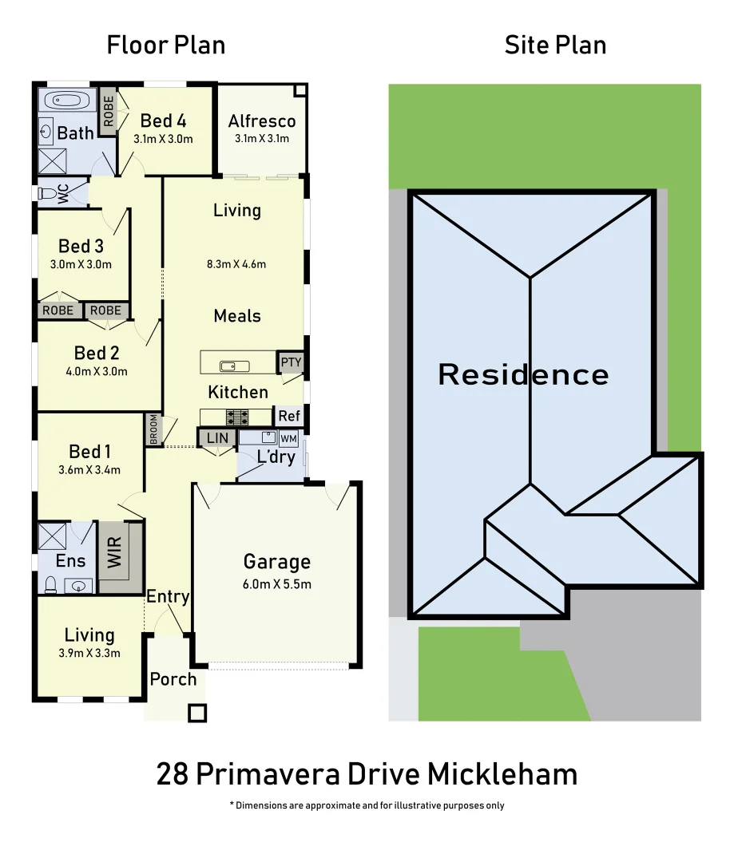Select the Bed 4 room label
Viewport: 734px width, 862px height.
pyautogui.click(x=163, y=121)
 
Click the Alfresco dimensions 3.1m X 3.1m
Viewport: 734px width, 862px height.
pyautogui.click(x=261, y=139)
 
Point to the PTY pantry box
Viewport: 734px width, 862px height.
pyautogui.click(x=292, y=362)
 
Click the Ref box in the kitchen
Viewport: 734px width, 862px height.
pyautogui.click(x=289, y=416)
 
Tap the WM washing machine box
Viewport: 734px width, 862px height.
pyautogui.click(x=288, y=438)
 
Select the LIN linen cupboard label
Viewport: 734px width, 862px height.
pyautogui.click(x=217, y=438)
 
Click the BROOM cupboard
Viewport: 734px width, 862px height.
pyautogui.click(x=154, y=429)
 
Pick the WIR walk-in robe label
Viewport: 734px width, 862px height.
pyautogui.click(x=115, y=552)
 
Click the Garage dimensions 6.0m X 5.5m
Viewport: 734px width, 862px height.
pyautogui.click(x=277, y=584)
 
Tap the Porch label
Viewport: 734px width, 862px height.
pyautogui.click(x=173, y=679)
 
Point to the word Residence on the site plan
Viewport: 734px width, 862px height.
pyautogui.click(x=523, y=374)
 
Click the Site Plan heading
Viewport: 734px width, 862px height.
pyautogui.click(x=555, y=45)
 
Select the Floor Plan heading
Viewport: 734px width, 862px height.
pyautogui.click(x=166, y=45)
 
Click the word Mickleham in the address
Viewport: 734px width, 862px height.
pyautogui.click(x=502, y=774)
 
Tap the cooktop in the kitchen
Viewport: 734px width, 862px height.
pyautogui.click(x=237, y=416)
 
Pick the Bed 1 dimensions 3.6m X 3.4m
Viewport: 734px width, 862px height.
pyautogui.click(x=89, y=470)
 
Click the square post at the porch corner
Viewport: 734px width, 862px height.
pyautogui.click(x=197, y=713)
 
